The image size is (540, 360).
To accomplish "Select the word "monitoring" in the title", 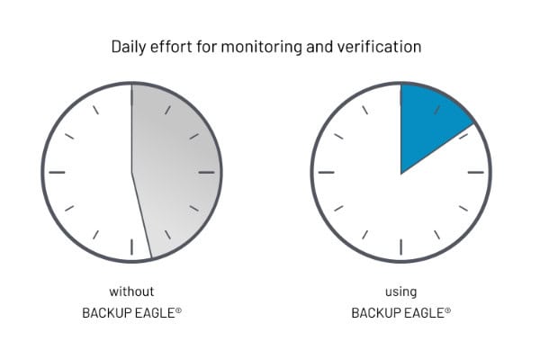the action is [x=261, y=47].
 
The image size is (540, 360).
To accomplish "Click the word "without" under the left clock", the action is [x=131, y=292].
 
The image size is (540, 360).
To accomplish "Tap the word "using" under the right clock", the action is [x=400, y=292].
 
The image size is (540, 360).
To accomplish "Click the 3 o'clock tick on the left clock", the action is [x=207, y=172].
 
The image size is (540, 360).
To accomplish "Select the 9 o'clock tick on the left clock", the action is [x=57, y=172].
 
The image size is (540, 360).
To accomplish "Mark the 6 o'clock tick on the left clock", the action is [x=131, y=247].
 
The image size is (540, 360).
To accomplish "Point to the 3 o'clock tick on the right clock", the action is [x=476, y=172].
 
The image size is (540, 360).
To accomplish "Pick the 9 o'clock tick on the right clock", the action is [x=326, y=172].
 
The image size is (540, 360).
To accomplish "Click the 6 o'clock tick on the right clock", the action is [x=400, y=247].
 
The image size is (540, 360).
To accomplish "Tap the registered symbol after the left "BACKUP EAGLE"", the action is [x=178, y=310].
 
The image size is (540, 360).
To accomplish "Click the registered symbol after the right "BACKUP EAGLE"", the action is [x=447, y=310].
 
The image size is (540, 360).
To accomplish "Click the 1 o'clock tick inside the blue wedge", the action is [x=437, y=110].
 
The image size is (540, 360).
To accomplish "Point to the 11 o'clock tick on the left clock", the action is [x=95, y=110].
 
